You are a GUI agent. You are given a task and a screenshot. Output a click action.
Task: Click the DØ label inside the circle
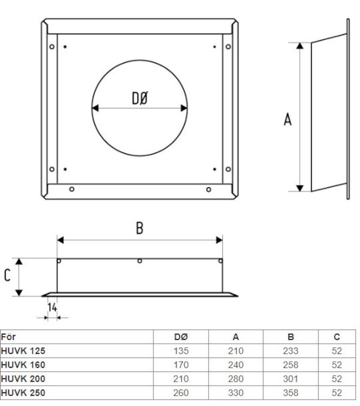pyautogui.click(x=140, y=99)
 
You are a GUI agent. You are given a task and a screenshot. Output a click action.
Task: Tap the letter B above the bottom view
pyautogui.click(x=139, y=228)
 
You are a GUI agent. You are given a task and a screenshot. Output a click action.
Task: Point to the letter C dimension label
pyautogui.click(x=7, y=275)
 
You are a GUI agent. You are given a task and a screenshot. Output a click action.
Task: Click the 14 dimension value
pyautogui.click(x=52, y=307)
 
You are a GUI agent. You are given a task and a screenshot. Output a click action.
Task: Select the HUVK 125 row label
pyautogui.click(x=23, y=351)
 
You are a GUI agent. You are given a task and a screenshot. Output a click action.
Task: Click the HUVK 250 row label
pyautogui.click(x=23, y=392)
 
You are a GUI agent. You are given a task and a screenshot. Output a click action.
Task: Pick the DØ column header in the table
pyautogui.click(x=181, y=337)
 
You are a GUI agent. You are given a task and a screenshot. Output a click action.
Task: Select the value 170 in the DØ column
pyautogui.click(x=181, y=365)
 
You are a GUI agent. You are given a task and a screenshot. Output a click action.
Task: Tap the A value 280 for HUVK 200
pyautogui.click(x=236, y=379)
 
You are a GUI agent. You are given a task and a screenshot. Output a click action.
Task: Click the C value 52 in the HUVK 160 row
pyautogui.click(x=337, y=365)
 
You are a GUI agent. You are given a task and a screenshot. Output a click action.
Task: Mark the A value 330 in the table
pyautogui.click(x=236, y=392)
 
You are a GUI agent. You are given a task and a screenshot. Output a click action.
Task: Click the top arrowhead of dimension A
pyautogui.click(x=300, y=46)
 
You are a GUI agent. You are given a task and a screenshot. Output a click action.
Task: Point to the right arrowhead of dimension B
pyautogui.click(x=219, y=240)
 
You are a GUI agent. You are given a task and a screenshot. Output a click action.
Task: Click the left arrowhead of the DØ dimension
pyautogui.click(x=96, y=108)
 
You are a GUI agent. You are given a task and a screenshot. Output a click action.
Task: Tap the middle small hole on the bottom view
pyautogui.click(x=140, y=261)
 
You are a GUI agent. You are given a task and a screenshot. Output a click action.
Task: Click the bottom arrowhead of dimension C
pyautogui.click(x=18, y=293)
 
